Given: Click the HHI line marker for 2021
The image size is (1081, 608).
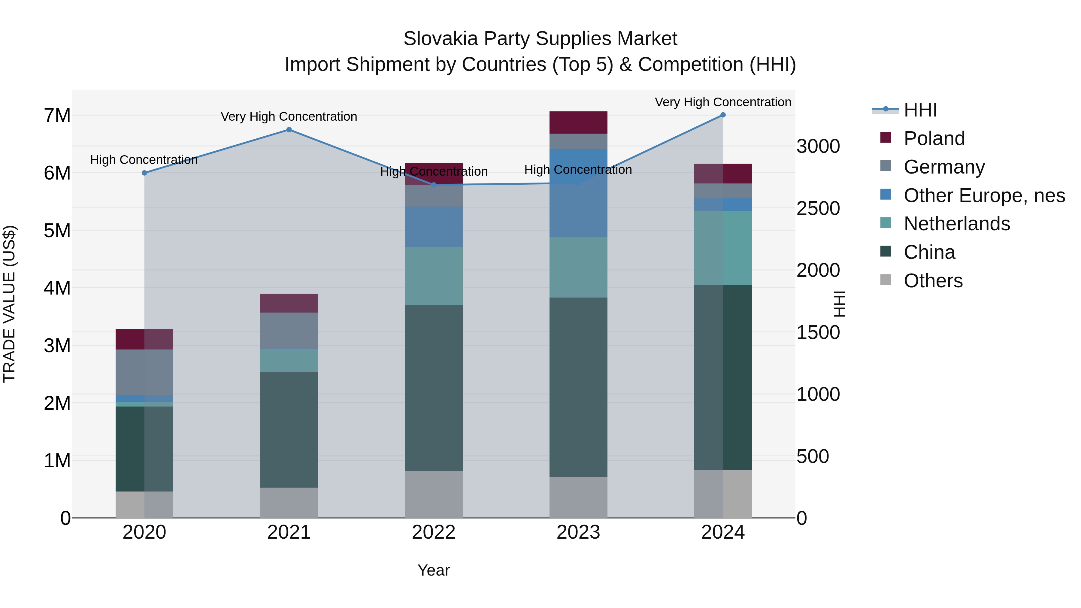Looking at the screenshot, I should pyautogui.click(x=289, y=130).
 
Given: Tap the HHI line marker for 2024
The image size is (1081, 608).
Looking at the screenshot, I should pyautogui.click(x=723, y=115).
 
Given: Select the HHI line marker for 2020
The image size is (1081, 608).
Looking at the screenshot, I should pyautogui.click(x=144, y=173).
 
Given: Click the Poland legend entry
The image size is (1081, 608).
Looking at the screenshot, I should pyautogui.click(x=934, y=138).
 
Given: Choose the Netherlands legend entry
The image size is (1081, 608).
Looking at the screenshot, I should pyautogui.click(x=957, y=224).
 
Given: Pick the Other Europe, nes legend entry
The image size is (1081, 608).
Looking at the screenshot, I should pyautogui.click(x=984, y=195).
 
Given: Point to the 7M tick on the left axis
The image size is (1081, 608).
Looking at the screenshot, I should pyautogui.click(x=57, y=115).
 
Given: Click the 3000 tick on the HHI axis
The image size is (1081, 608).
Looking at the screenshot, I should pyautogui.click(x=818, y=147).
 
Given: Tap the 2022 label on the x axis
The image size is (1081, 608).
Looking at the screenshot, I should pyautogui.click(x=434, y=532).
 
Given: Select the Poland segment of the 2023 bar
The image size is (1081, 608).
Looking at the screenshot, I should pyautogui.click(x=578, y=123).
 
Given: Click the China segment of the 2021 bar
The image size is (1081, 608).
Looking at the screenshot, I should pyautogui.click(x=289, y=429).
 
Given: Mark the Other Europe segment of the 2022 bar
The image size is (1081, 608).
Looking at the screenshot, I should pyautogui.click(x=434, y=227).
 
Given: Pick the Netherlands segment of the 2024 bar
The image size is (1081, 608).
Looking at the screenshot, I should pyautogui.click(x=723, y=248).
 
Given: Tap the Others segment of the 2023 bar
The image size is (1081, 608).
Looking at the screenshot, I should pyautogui.click(x=578, y=497).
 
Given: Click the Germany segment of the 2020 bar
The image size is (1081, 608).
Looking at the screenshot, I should pyautogui.click(x=144, y=372).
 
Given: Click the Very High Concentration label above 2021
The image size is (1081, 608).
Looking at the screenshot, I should pyautogui.click(x=289, y=117).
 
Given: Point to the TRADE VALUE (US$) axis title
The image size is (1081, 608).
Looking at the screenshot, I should pyautogui.click(x=9, y=304).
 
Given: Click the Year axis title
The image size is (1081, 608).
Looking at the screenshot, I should pyautogui.click(x=434, y=570).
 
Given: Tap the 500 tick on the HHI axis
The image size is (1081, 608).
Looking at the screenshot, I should pyautogui.click(x=813, y=456).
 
